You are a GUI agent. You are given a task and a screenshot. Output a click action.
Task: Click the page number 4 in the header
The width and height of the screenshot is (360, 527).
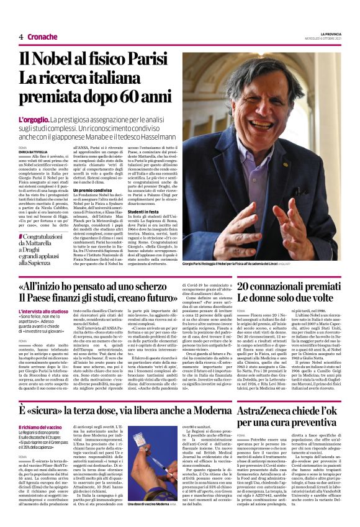point(21,37)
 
